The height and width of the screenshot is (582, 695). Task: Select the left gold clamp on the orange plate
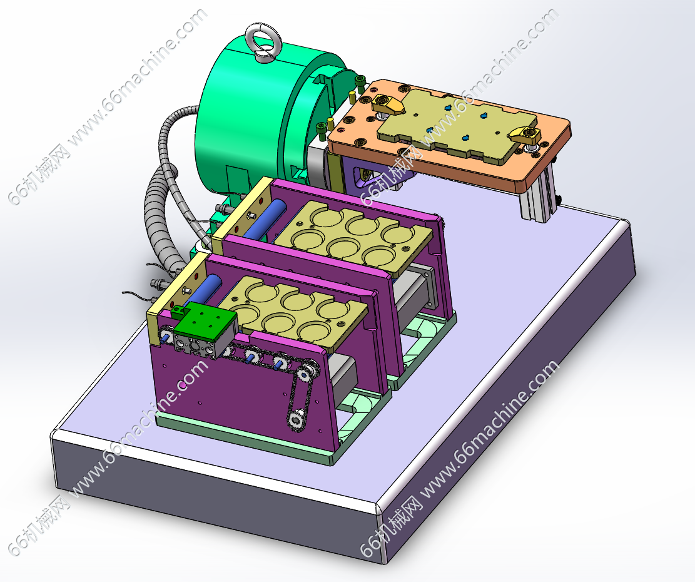(387, 105)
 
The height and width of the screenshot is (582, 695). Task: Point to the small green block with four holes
(205, 320)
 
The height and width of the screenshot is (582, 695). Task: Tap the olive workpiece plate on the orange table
(457, 124)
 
